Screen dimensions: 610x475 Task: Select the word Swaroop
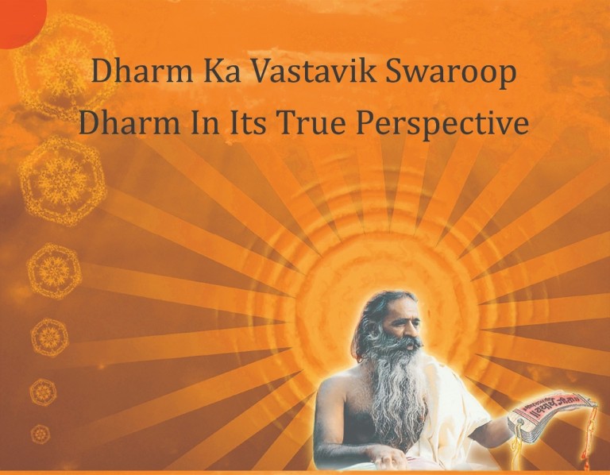click(450, 72)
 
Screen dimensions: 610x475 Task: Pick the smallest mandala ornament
click(41, 434)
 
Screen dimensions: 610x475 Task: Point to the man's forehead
click(403, 311)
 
